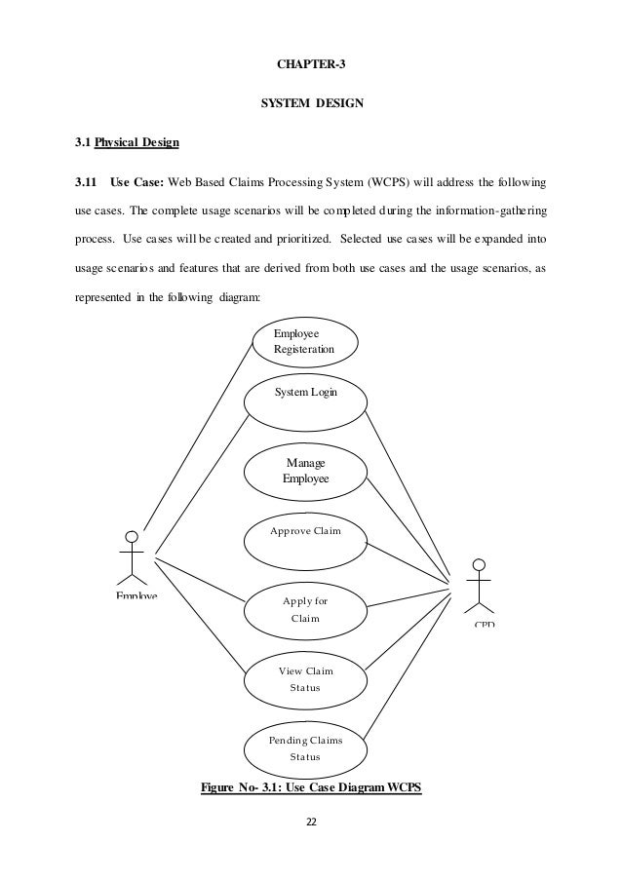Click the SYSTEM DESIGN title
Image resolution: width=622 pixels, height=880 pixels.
(311, 101)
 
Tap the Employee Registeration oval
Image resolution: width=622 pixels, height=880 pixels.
(304, 342)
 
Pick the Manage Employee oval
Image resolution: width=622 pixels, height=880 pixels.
(305, 471)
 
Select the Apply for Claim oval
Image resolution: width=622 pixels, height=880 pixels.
(305, 609)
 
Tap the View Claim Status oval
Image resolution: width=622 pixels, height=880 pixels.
(305, 679)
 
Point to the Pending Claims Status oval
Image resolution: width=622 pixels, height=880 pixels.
(305, 747)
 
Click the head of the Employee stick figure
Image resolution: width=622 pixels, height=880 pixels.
(132, 536)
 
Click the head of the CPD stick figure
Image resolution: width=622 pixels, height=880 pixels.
(478, 564)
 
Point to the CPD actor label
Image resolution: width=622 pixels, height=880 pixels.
(484, 622)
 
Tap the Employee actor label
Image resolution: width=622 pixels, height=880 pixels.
(136, 594)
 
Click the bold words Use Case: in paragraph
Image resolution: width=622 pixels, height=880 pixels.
(137, 181)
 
